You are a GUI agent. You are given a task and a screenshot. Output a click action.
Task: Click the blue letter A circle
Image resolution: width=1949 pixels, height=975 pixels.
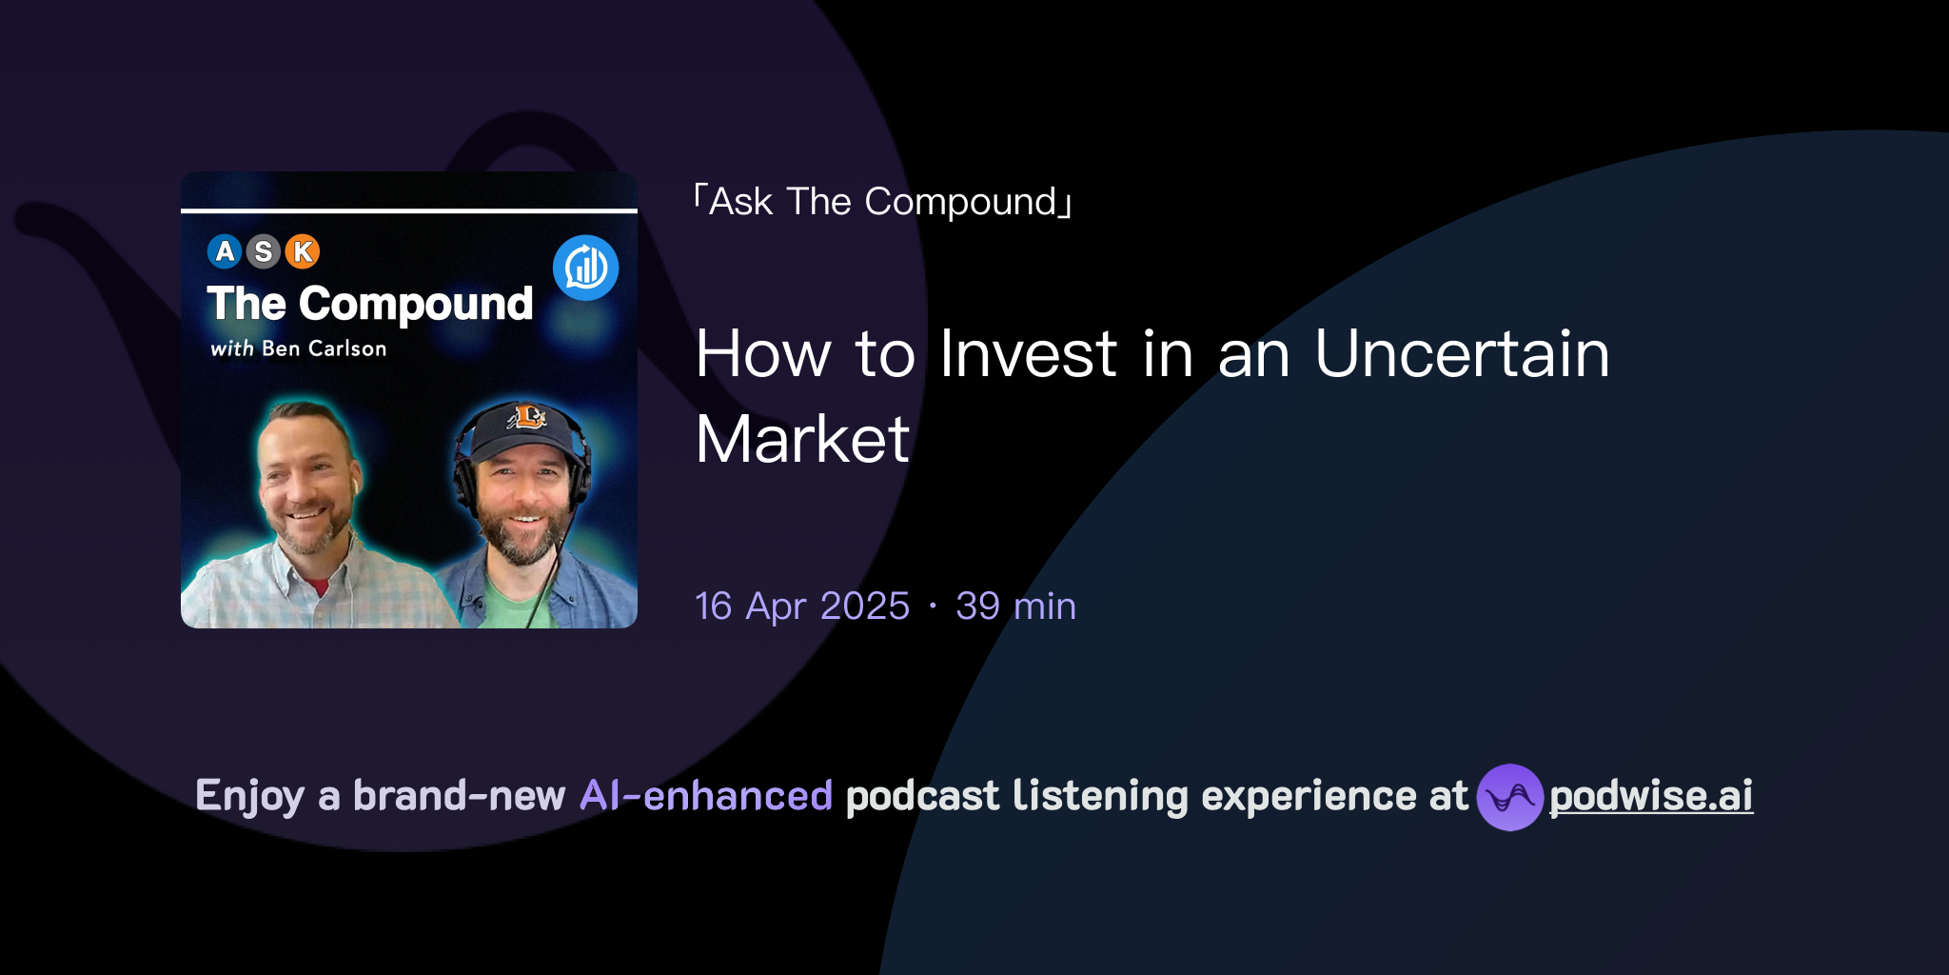click(225, 251)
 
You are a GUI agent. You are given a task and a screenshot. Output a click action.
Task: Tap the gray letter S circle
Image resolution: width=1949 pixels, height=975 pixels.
click(264, 251)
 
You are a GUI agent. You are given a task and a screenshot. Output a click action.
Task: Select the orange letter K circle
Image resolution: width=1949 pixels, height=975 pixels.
click(303, 251)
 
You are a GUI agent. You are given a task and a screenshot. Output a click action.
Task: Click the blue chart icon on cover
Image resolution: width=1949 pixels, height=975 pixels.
click(586, 268)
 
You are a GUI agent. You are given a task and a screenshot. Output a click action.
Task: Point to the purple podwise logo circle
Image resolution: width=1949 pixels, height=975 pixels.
click(1509, 797)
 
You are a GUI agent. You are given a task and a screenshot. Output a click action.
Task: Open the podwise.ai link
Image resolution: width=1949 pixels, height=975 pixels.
click(1651, 796)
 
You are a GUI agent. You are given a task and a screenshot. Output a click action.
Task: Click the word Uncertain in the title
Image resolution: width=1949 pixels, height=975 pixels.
click(1462, 354)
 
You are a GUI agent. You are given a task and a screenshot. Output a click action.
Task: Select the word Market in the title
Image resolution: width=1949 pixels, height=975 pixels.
click(802, 440)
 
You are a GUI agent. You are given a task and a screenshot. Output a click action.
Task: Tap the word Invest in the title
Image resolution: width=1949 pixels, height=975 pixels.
click(1028, 354)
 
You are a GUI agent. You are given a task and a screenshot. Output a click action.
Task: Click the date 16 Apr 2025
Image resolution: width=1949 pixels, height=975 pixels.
click(802, 607)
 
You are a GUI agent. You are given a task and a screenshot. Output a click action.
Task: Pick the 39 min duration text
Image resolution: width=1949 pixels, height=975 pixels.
click(1015, 607)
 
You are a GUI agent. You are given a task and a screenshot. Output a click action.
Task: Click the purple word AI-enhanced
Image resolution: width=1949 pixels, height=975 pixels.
click(706, 796)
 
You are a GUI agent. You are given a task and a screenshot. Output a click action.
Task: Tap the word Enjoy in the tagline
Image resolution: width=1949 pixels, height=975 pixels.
click(249, 796)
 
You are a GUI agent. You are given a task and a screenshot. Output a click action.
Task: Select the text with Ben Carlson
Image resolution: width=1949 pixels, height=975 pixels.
click(299, 348)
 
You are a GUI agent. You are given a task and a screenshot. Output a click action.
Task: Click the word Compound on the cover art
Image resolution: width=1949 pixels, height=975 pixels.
click(416, 305)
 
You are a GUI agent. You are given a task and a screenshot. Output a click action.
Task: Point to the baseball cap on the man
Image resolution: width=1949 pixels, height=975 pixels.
click(522, 427)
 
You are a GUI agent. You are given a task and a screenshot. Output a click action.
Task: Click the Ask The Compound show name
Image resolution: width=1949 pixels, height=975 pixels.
click(883, 202)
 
